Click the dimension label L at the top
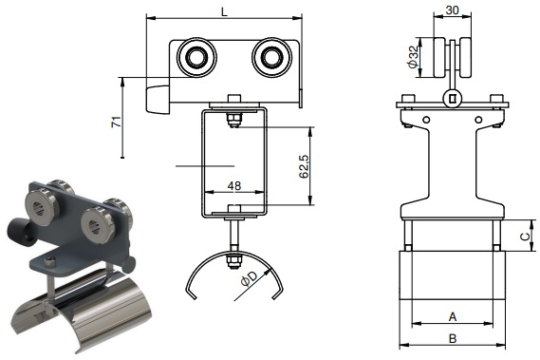pos(224,11)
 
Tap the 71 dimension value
pos(117,123)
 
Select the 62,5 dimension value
pos(304,166)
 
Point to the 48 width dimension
pos(234,186)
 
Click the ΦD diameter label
pos(250,278)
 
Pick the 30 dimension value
pos(452,10)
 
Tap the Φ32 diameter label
pos(413,57)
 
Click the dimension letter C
pos(525,237)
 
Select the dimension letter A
pos(453,316)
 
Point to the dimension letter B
pos(453,338)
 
